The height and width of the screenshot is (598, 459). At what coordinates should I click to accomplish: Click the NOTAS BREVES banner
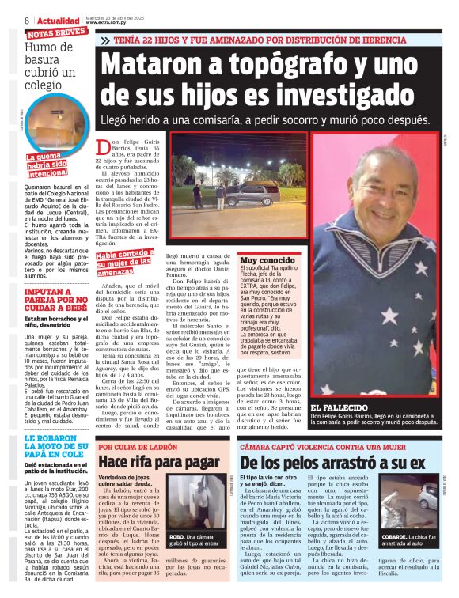(x=57, y=33)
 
